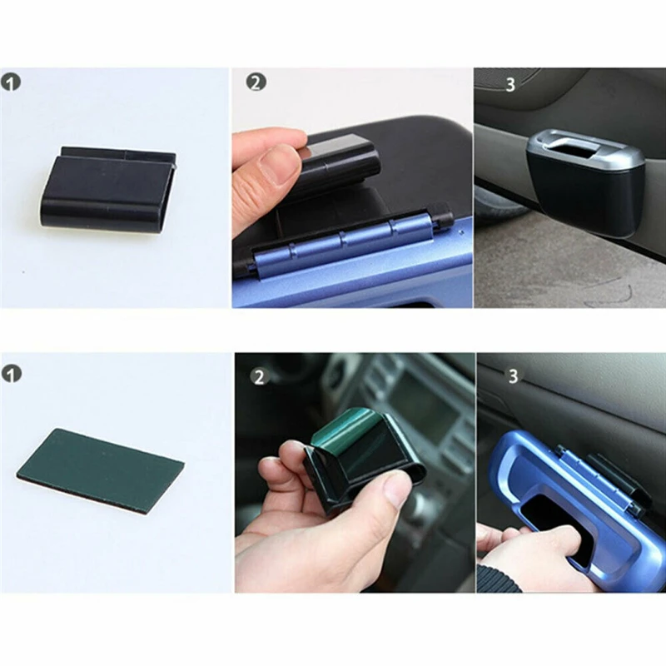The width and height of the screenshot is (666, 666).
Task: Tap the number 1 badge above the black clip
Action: pos(11,83)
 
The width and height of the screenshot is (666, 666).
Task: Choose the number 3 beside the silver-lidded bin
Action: pos(509,85)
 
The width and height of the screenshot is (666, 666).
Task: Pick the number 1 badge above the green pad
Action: pos(11,373)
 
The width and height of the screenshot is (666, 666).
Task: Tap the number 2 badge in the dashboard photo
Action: pos(259,376)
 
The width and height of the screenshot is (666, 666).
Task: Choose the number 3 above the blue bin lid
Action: pos(513,376)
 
